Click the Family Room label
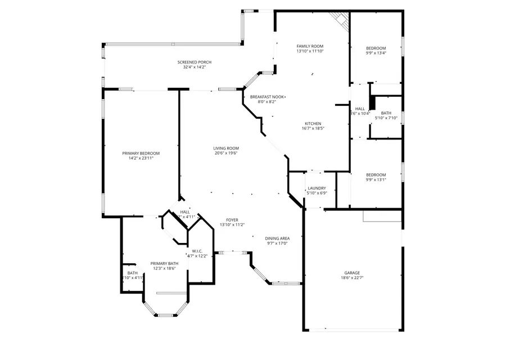[x=310, y=46]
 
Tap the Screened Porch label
[x=195, y=62]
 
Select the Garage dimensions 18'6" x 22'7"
[x=353, y=278]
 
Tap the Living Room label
[x=225, y=148]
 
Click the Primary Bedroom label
[x=141, y=153]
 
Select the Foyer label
[x=232, y=219]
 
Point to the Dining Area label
[x=277, y=238]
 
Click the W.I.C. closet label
[x=197, y=251]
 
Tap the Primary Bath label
[x=164, y=263]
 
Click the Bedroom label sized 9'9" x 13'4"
[x=376, y=48]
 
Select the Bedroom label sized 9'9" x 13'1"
[x=376, y=174]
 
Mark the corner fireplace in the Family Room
[x=340, y=18]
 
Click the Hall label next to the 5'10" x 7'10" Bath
[x=360, y=109]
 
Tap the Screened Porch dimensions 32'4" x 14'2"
[x=195, y=67]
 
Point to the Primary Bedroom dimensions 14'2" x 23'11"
[x=141, y=159]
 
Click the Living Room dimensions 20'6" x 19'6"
[x=225, y=154]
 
